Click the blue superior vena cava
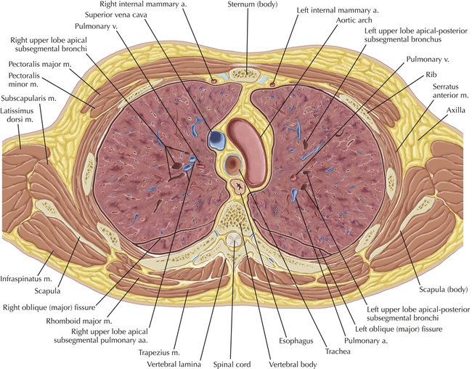click(x=216, y=139)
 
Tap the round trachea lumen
click(x=233, y=164)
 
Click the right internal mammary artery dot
click(x=214, y=81)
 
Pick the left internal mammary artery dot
click(x=272, y=84)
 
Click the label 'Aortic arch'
click(x=354, y=20)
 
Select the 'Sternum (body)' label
click(x=252, y=4)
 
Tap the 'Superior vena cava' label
click(x=116, y=15)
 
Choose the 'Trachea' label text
click(x=338, y=352)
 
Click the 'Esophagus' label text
click(x=296, y=341)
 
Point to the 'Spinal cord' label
click(x=232, y=365)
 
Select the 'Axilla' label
click(x=455, y=110)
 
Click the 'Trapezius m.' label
click(x=159, y=352)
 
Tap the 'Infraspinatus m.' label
click(x=26, y=279)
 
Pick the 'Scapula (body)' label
click(x=444, y=290)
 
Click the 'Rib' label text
click(x=431, y=74)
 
